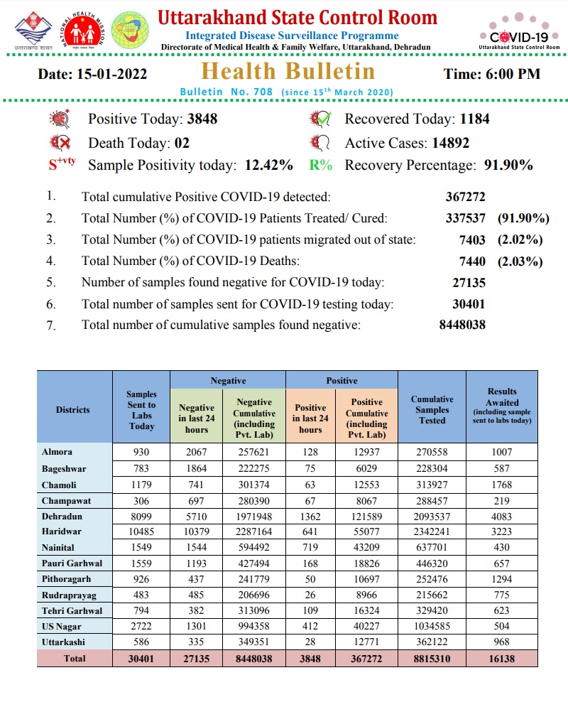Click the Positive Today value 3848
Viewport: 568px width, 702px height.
point(202,119)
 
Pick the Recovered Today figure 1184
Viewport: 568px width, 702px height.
point(474,119)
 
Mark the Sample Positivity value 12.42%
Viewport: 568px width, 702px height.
point(268,166)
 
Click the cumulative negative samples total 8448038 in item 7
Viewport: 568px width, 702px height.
point(462,325)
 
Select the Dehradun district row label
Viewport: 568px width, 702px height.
point(62,517)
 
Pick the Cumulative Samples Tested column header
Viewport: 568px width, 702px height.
point(432,409)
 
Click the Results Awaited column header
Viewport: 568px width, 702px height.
point(502,406)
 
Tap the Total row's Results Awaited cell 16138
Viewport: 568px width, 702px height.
point(502,659)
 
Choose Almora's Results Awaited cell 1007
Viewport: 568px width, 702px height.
point(502,453)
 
